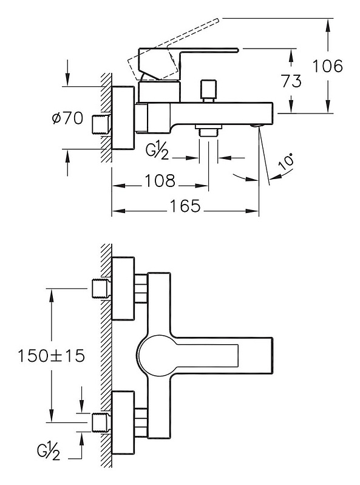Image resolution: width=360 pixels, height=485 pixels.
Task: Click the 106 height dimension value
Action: coord(328,66)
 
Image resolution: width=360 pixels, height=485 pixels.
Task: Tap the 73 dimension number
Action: coord(291,81)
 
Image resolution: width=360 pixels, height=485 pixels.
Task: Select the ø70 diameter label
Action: coord(68,118)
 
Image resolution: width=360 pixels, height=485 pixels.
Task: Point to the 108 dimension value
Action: coord(160,181)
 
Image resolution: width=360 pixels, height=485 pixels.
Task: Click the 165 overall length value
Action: coord(185,206)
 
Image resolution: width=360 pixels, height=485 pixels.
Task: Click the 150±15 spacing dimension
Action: coord(52,356)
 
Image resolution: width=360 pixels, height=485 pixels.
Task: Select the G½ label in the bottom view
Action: coord(49,452)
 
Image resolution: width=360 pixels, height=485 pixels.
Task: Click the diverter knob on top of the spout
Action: coord(209,91)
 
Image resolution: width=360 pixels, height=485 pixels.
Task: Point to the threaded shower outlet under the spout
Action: coord(209,130)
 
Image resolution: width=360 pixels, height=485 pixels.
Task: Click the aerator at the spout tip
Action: coord(257,125)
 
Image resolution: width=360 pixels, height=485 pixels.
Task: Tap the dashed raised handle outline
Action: coord(174,50)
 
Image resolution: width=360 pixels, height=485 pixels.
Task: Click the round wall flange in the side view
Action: coord(123,118)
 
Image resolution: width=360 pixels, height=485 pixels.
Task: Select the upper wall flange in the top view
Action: coord(123,288)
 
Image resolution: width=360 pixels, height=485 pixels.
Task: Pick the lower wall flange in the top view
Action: coord(123,422)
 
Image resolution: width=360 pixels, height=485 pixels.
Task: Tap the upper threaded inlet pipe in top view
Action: coord(102,288)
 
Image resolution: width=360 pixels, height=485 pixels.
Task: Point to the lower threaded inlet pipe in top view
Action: coord(102,422)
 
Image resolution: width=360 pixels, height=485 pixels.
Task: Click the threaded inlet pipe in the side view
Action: coord(102,124)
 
